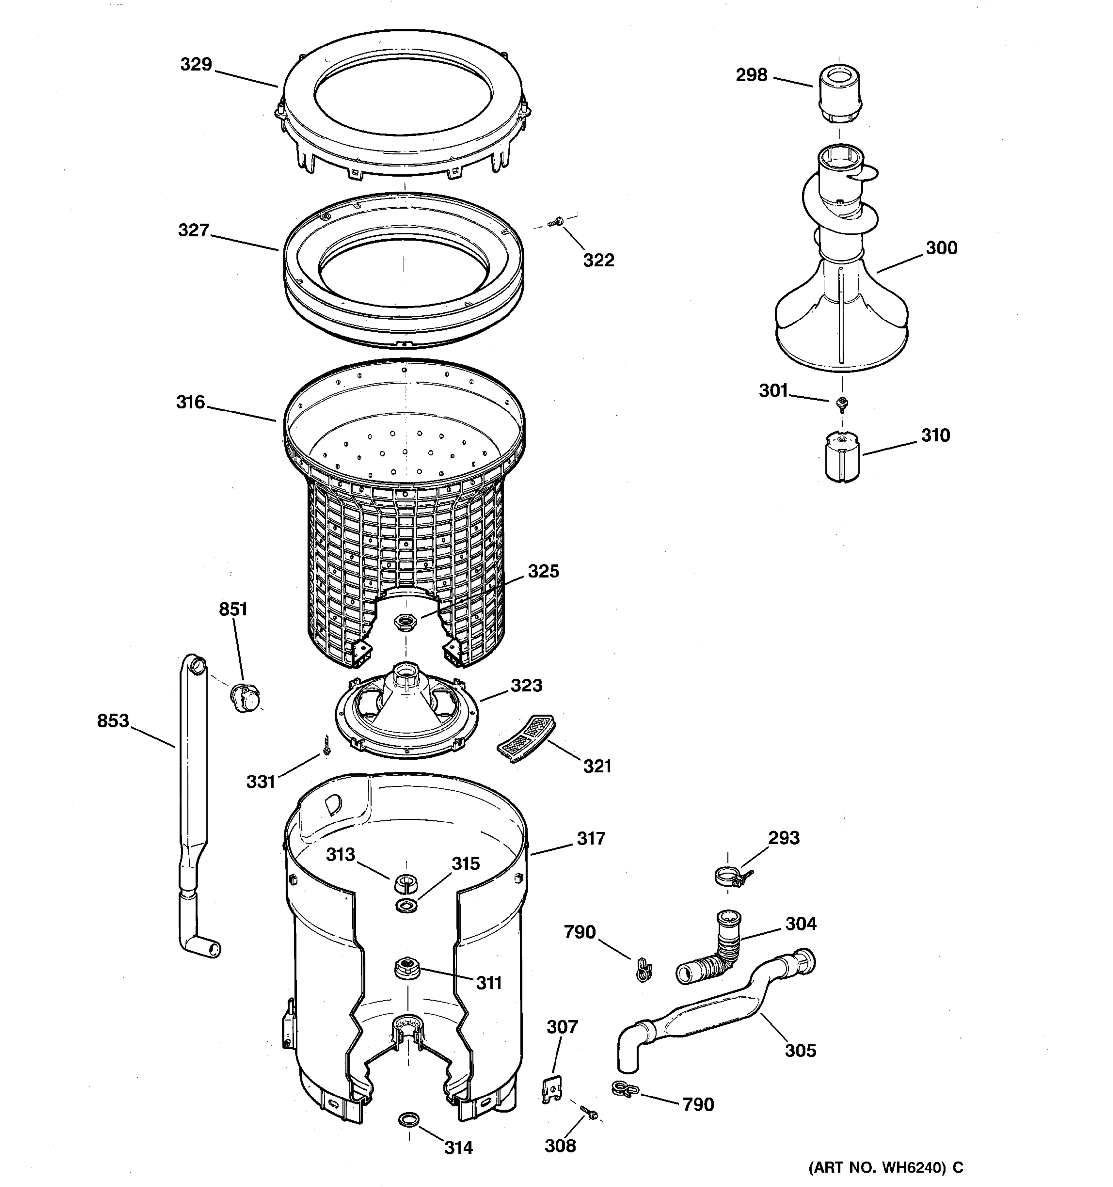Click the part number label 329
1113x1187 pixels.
click(x=196, y=64)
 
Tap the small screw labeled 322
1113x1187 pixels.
click(x=556, y=222)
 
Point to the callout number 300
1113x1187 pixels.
click(x=941, y=248)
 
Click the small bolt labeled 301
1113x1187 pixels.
click(x=842, y=404)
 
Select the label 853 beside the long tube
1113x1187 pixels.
click(x=113, y=721)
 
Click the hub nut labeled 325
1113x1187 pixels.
click(x=406, y=621)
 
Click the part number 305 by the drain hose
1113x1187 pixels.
click(x=799, y=1050)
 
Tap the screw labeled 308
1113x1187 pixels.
click(x=589, y=1112)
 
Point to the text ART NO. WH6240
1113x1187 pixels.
click(x=878, y=1167)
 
